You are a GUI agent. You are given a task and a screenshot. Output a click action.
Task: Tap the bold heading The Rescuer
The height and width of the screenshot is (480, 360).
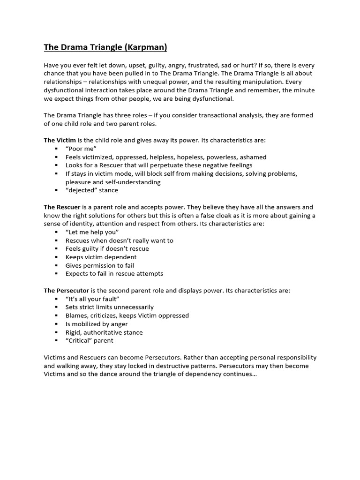tap(62, 207)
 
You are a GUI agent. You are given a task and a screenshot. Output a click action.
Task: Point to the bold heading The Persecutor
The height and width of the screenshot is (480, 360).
tap(67, 291)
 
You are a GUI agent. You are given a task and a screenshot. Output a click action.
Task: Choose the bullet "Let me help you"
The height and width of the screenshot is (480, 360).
tap(92, 232)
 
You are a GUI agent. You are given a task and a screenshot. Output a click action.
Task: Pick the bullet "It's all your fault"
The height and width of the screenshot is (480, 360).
tap(92, 299)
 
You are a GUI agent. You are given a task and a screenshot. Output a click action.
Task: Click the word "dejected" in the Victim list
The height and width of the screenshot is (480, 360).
tap(82, 190)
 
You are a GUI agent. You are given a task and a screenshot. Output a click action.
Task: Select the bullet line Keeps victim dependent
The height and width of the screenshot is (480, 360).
tap(101, 257)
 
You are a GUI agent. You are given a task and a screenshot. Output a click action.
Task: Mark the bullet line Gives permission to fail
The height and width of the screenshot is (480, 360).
tap(99, 265)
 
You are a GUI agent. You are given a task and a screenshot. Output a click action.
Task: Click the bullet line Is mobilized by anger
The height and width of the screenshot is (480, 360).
tap(96, 324)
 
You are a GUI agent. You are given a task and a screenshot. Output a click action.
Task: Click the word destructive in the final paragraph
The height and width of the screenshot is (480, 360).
tap(180, 366)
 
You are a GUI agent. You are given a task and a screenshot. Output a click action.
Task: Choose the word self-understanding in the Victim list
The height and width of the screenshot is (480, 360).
tap(121, 182)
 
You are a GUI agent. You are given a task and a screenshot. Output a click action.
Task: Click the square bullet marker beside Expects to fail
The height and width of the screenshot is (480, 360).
tap(56, 274)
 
